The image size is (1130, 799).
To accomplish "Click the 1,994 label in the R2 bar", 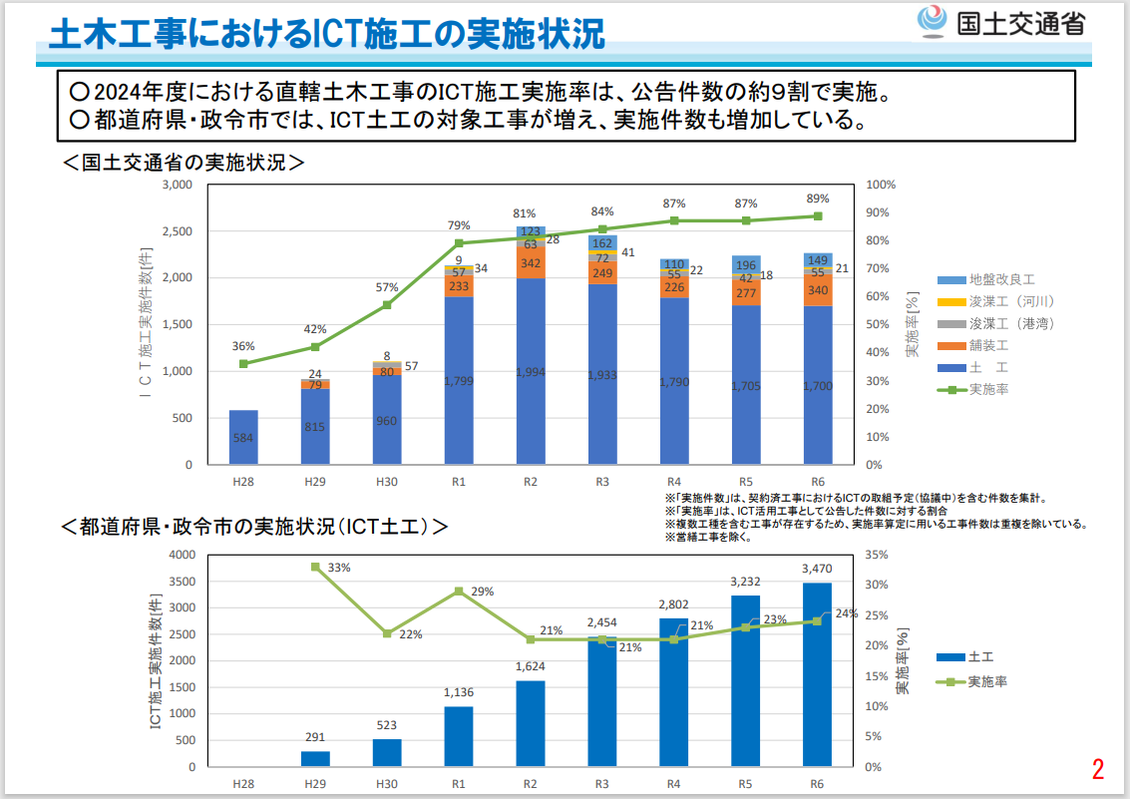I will pos(531,372).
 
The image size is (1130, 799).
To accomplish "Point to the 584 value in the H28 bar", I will pos(243,437).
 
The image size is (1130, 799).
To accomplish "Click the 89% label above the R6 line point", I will pos(818,199).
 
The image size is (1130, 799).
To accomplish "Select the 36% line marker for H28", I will pos(243,363).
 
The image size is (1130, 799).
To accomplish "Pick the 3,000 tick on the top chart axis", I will pos(176,185).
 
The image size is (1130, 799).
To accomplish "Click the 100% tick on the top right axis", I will pos(882,185).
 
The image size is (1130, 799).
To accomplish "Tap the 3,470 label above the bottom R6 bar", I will pos(817,569).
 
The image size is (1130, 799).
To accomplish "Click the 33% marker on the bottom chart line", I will pos(315,567).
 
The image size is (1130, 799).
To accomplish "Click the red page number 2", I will pos(1098,769).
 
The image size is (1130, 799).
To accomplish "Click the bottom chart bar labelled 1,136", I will pos(459,736).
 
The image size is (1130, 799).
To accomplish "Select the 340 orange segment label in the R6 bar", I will pos(818,290).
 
